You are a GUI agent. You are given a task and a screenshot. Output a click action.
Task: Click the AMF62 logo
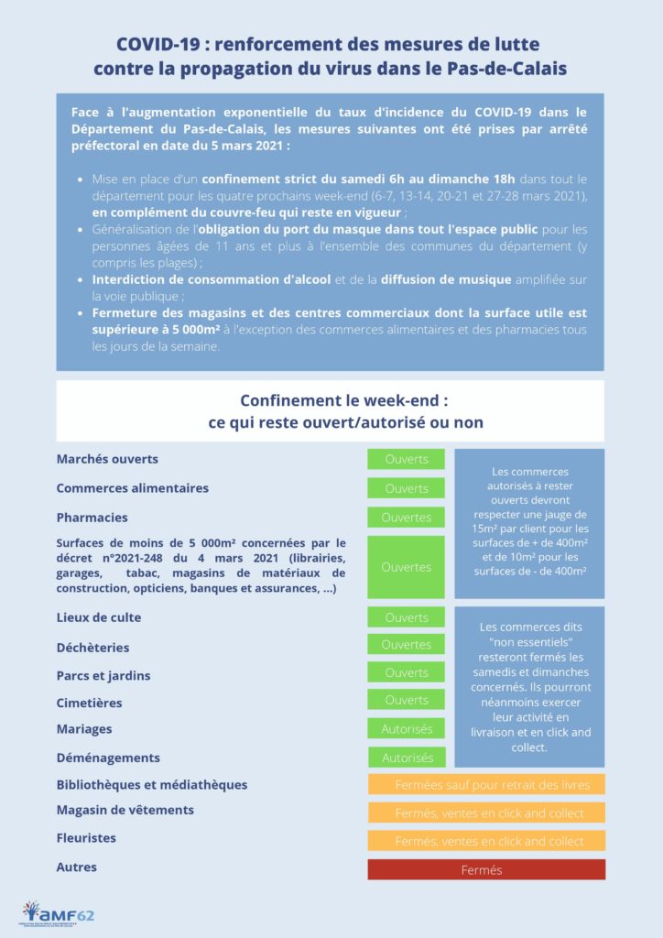click(x=58, y=912)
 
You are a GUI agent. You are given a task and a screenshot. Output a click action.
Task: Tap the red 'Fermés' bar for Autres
click(x=486, y=869)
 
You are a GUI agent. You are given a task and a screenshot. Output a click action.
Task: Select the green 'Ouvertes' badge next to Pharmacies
click(x=406, y=518)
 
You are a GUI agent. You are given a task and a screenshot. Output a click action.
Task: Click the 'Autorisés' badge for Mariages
click(x=406, y=729)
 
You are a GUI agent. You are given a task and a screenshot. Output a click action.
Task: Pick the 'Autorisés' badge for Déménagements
click(x=407, y=758)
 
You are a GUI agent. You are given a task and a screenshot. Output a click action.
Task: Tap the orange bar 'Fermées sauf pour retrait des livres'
click(x=486, y=785)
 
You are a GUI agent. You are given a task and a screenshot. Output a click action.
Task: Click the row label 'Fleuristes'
click(x=86, y=838)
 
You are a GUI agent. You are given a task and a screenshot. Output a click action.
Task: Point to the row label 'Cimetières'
click(x=89, y=703)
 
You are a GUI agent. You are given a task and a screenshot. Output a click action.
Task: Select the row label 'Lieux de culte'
click(x=99, y=617)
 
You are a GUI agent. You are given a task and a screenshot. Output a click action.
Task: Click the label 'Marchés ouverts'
click(x=107, y=459)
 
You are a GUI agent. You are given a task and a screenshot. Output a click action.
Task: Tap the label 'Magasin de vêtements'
click(x=125, y=810)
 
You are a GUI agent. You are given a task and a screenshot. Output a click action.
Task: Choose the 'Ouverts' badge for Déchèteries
click(x=406, y=645)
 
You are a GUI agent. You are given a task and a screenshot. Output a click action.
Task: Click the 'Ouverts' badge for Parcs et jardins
click(x=406, y=672)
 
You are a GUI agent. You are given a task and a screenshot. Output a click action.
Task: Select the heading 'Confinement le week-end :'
click(x=344, y=401)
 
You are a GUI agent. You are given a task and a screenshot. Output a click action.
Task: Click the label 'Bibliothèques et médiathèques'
click(x=152, y=785)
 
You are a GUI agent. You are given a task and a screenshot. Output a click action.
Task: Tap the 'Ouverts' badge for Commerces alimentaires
click(x=406, y=488)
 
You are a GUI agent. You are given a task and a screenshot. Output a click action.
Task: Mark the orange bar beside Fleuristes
click(x=486, y=841)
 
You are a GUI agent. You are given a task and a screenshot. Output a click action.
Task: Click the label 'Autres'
click(x=77, y=867)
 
